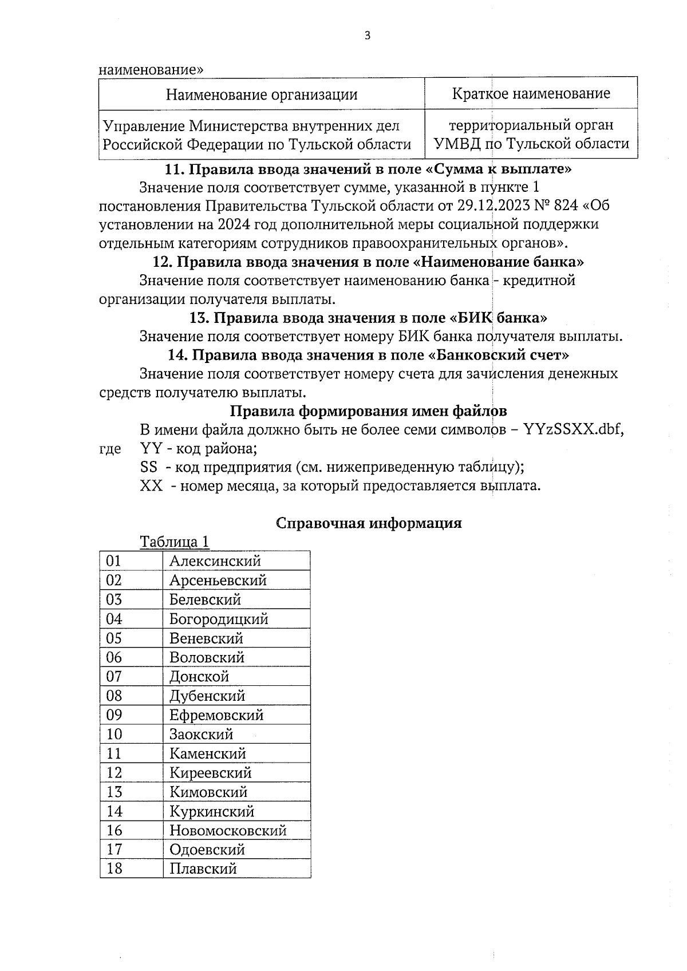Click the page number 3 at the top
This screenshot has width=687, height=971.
point(367,36)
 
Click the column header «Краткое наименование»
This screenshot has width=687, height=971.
point(531,93)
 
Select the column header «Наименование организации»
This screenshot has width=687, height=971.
point(262,94)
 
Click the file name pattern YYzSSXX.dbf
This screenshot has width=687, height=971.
point(573,430)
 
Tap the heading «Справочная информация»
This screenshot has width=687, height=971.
point(369,523)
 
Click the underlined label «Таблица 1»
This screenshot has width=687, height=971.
point(175,542)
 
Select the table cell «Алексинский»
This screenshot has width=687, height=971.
point(215,561)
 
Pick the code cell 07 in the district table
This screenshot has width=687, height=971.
point(114,677)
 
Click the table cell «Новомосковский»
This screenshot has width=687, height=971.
point(228,831)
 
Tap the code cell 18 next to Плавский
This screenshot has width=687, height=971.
point(114,869)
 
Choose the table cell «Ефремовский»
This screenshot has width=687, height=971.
point(216,715)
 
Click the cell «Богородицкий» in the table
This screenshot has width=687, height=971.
point(219,619)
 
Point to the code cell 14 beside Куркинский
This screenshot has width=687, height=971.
point(114,811)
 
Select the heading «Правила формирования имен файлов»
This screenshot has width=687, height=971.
point(368,411)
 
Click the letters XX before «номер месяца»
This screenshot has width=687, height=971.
point(151,486)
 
